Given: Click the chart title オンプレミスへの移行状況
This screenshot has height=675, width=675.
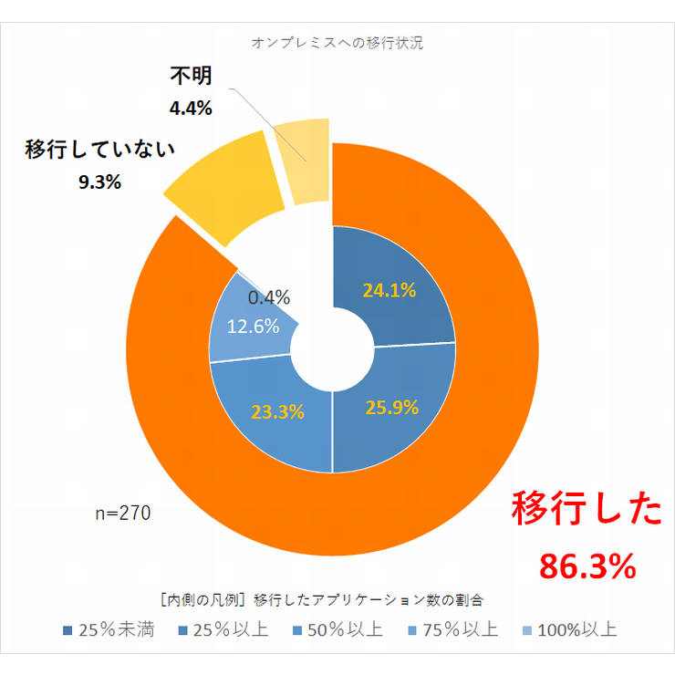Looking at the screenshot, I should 337,43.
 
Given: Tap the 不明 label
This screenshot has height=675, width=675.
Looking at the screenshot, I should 192,77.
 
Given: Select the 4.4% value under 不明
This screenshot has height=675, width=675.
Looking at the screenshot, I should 191,109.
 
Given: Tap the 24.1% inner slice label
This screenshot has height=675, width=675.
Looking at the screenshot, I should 389,291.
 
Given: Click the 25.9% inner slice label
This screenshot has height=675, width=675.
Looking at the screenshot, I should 390,408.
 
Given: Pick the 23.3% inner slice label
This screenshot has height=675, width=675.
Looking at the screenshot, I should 276,411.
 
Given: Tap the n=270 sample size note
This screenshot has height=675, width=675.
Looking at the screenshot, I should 123,514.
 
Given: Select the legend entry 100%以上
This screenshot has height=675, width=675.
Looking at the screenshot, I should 568,630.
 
